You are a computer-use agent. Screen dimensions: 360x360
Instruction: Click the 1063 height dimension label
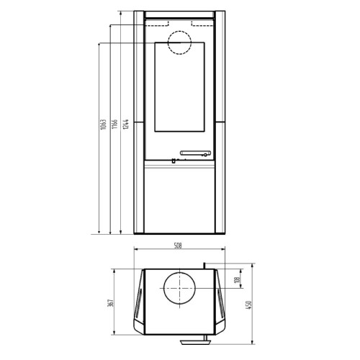click(x=103, y=125)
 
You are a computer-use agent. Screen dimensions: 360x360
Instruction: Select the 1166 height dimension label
click(x=114, y=124)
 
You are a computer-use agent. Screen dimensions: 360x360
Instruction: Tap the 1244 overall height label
click(x=126, y=124)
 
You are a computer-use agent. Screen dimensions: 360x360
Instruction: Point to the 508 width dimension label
click(x=178, y=246)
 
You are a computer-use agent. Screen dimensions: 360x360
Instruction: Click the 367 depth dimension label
click(x=111, y=303)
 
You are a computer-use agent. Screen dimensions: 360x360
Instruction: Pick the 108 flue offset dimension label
click(x=238, y=280)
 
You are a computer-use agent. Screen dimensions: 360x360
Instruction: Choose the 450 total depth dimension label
click(x=248, y=305)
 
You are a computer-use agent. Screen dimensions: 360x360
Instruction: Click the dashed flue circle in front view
click(x=179, y=31)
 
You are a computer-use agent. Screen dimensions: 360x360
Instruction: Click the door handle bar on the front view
click(x=195, y=153)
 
